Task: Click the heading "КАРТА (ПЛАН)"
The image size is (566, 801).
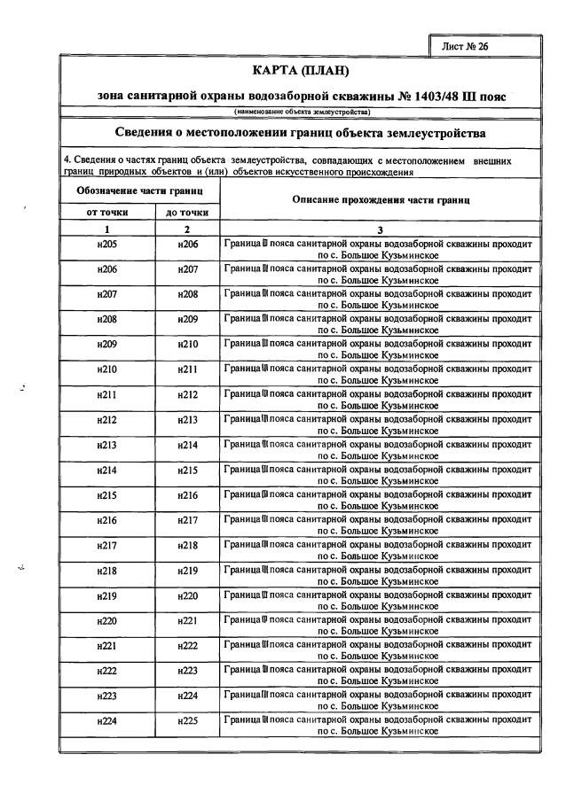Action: (x=302, y=70)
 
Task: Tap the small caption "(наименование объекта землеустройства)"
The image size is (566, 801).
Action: (x=302, y=112)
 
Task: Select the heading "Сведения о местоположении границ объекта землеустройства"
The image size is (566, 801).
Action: (x=302, y=134)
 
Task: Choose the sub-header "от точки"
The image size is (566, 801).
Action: (x=106, y=212)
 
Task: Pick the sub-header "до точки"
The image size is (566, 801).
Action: (x=187, y=212)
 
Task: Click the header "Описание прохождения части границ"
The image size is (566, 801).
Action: (x=381, y=200)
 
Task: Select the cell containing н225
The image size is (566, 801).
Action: (x=188, y=722)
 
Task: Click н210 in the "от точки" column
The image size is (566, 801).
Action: (x=106, y=369)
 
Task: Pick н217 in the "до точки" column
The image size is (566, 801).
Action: (x=188, y=521)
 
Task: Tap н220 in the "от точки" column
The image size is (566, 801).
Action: (x=106, y=621)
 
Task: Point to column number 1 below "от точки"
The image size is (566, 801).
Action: (x=106, y=229)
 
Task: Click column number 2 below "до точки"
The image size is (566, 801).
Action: (x=187, y=229)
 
